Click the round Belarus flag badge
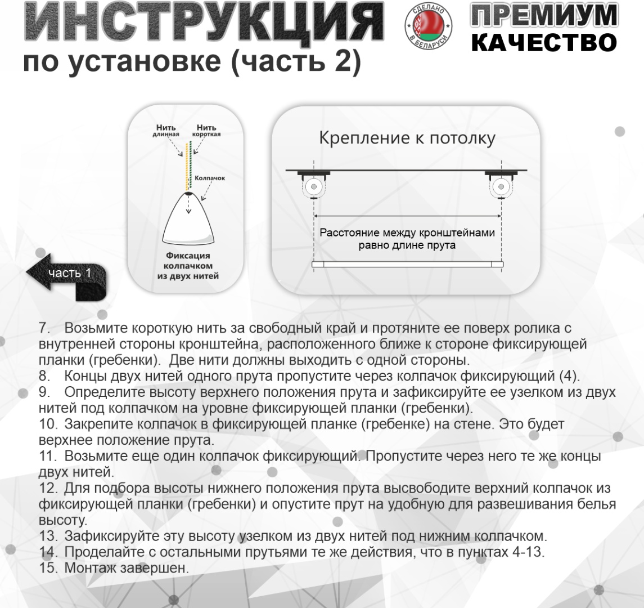pos(429,25)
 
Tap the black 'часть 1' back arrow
pos(66,276)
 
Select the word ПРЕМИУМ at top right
pos(544,16)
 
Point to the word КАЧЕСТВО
pos(544,42)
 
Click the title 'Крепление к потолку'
pos(407,138)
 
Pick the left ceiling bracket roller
pos(314,187)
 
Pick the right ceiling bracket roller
pos(501,187)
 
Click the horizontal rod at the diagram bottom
pos(407,265)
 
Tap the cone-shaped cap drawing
pos(188,218)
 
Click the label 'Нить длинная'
pos(166,130)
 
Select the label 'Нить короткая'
pos(206,130)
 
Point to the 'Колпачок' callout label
pos(210,178)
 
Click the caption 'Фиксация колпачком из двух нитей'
pos(188,266)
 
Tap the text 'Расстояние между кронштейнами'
pos(407,233)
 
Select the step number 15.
pos(48,568)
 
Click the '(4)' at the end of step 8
pos(569,375)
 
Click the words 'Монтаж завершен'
pos(127,568)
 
